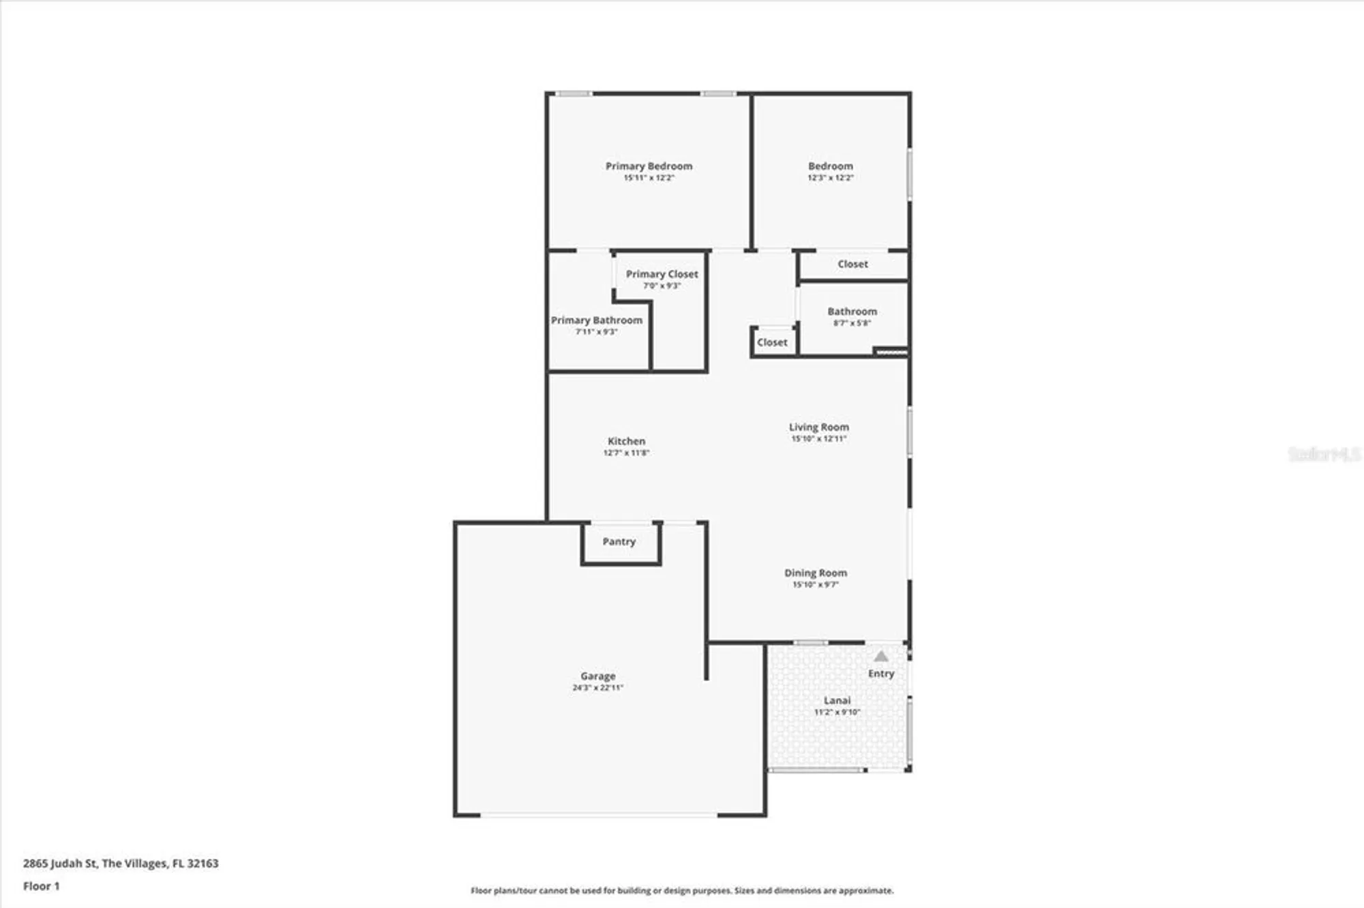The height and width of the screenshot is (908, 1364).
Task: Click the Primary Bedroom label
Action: coord(649,166)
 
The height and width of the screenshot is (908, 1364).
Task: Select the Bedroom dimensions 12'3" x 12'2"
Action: coord(830,178)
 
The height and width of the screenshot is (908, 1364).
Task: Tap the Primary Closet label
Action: coord(662,274)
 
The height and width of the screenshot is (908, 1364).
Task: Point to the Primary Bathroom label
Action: coord(596,320)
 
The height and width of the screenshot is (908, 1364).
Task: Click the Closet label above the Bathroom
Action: coord(853,264)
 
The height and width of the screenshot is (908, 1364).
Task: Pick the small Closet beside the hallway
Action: coord(772,342)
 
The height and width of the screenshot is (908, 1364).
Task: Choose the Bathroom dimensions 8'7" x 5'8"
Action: coord(852,323)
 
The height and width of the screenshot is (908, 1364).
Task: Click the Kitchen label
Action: coord(626,441)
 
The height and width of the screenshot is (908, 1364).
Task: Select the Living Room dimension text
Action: coord(818,439)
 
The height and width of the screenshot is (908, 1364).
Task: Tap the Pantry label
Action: coord(619,541)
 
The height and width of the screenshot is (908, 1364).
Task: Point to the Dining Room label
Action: coord(815,573)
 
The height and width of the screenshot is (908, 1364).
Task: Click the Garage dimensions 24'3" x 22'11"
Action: coord(597,688)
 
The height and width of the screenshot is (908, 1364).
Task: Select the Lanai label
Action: coord(837,700)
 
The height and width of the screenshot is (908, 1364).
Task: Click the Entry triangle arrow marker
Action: coord(880,656)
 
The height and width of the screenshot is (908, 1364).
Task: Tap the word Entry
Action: coord(880,674)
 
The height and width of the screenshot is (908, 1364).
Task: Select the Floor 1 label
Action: coord(41,886)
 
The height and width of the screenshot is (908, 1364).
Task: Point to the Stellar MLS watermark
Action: coord(1323,454)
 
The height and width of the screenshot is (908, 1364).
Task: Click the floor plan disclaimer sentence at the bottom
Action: coord(681,890)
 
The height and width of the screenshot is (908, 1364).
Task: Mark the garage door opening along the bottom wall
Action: coord(599,815)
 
